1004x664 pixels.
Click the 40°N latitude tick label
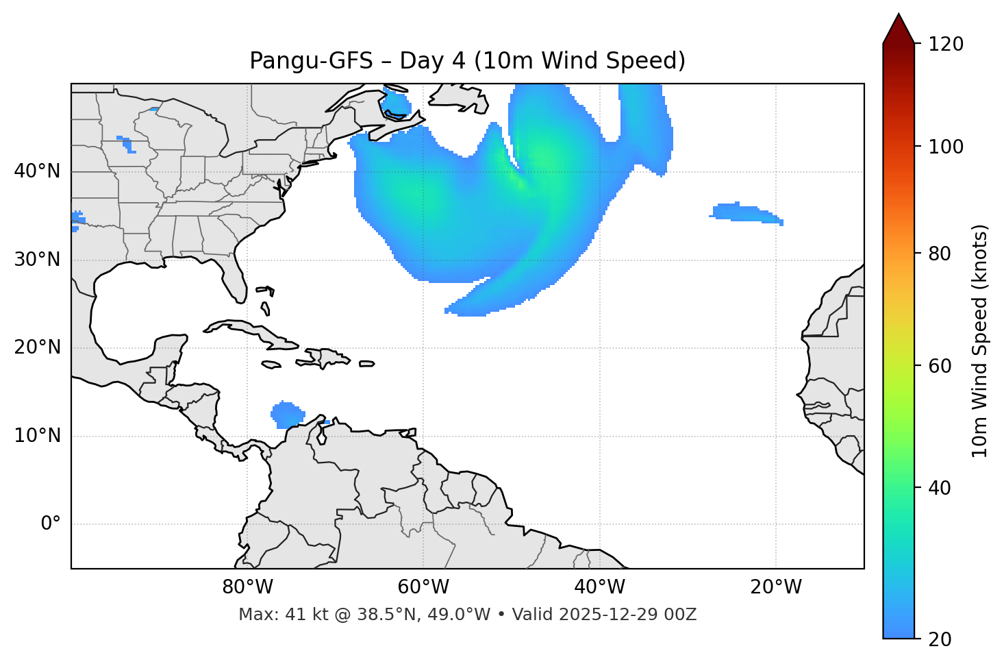click(37, 171)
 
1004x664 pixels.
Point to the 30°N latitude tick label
click(37, 260)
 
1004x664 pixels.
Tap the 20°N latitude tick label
click(37, 347)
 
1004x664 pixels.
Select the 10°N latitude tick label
click(37, 436)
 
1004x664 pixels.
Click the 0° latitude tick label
click(51, 524)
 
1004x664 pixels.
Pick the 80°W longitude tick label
click(247, 587)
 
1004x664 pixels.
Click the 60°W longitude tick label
click(423, 587)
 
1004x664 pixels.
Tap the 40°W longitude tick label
click(599, 587)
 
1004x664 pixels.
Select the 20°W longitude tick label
click(775, 587)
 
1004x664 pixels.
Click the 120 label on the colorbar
click(946, 44)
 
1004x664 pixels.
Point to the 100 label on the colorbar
click(946, 147)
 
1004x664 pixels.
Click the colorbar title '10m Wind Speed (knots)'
click(980, 341)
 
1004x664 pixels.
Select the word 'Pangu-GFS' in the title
click(311, 61)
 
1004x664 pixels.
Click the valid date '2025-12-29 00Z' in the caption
click(627, 615)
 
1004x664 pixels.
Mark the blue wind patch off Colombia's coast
click(288, 414)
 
